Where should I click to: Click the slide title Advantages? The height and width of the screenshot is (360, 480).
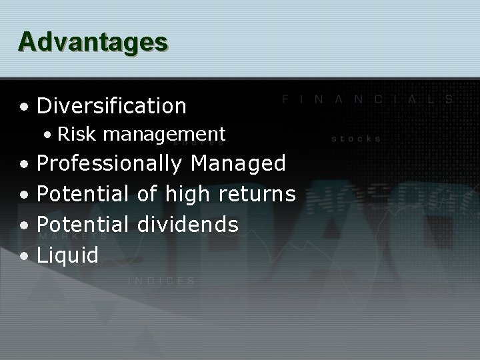(93, 41)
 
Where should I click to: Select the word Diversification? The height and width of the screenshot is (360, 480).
(111, 105)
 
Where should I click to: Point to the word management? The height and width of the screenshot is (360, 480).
(164, 135)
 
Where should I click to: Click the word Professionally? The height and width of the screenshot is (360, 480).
(109, 163)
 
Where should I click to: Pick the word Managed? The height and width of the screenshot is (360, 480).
(238, 163)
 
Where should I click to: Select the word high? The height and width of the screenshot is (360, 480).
(188, 194)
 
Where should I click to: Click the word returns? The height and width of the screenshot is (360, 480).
(257, 195)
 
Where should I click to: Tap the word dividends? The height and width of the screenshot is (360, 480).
(187, 224)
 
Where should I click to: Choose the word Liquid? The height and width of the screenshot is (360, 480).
(67, 255)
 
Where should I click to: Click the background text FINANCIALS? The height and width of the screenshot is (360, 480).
(367, 99)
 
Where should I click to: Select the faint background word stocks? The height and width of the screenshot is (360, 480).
(356, 139)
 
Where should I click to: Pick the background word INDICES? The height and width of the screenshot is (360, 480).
(161, 281)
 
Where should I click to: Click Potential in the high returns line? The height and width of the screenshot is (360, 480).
(83, 194)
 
